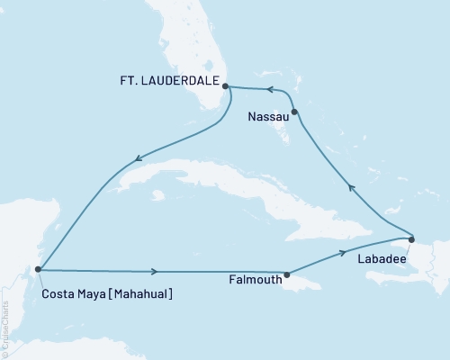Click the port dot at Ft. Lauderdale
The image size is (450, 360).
pyautogui.click(x=226, y=87)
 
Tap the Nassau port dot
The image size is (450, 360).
pyautogui.click(x=294, y=111)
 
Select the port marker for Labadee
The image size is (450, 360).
pyautogui.click(x=411, y=238)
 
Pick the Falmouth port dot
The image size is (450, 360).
pyautogui.click(x=286, y=274)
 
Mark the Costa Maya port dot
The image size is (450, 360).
pyautogui.click(x=37, y=268)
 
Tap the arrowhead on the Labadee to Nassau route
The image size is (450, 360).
pyautogui.click(x=352, y=188)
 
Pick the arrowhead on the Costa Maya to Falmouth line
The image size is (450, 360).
pyautogui.click(x=157, y=271)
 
